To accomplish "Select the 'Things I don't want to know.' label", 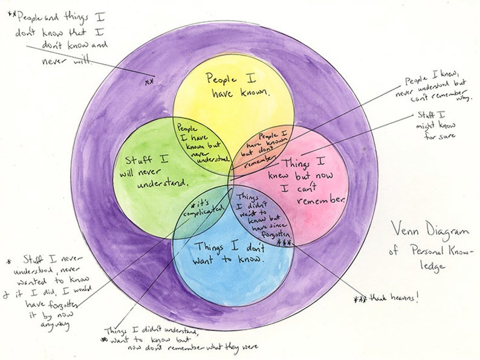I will (229, 253).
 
